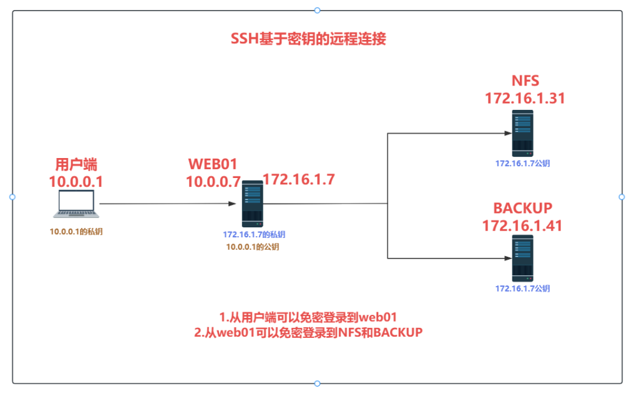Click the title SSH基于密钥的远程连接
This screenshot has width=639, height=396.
[308, 39]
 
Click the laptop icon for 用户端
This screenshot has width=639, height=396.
[75, 204]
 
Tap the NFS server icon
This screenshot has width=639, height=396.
[523, 133]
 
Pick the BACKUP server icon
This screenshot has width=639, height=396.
[523, 258]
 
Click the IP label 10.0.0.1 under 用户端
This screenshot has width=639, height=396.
[76, 182]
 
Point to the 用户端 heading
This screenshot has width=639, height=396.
[76, 165]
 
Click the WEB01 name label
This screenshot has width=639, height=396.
[213, 165]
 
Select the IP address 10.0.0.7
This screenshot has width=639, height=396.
[213, 182]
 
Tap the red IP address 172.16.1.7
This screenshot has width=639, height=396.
[299, 179]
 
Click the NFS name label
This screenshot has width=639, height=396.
[525, 81]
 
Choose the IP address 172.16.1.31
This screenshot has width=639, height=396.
[525, 98]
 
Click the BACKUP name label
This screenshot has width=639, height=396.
[523, 208]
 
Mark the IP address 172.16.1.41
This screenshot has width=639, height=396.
[523, 225]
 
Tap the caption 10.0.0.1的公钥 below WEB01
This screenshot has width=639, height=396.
[253, 247]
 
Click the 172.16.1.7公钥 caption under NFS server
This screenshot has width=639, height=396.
[523, 164]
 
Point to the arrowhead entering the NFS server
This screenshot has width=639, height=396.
[507, 133]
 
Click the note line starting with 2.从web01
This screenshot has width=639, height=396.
[308, 333]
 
